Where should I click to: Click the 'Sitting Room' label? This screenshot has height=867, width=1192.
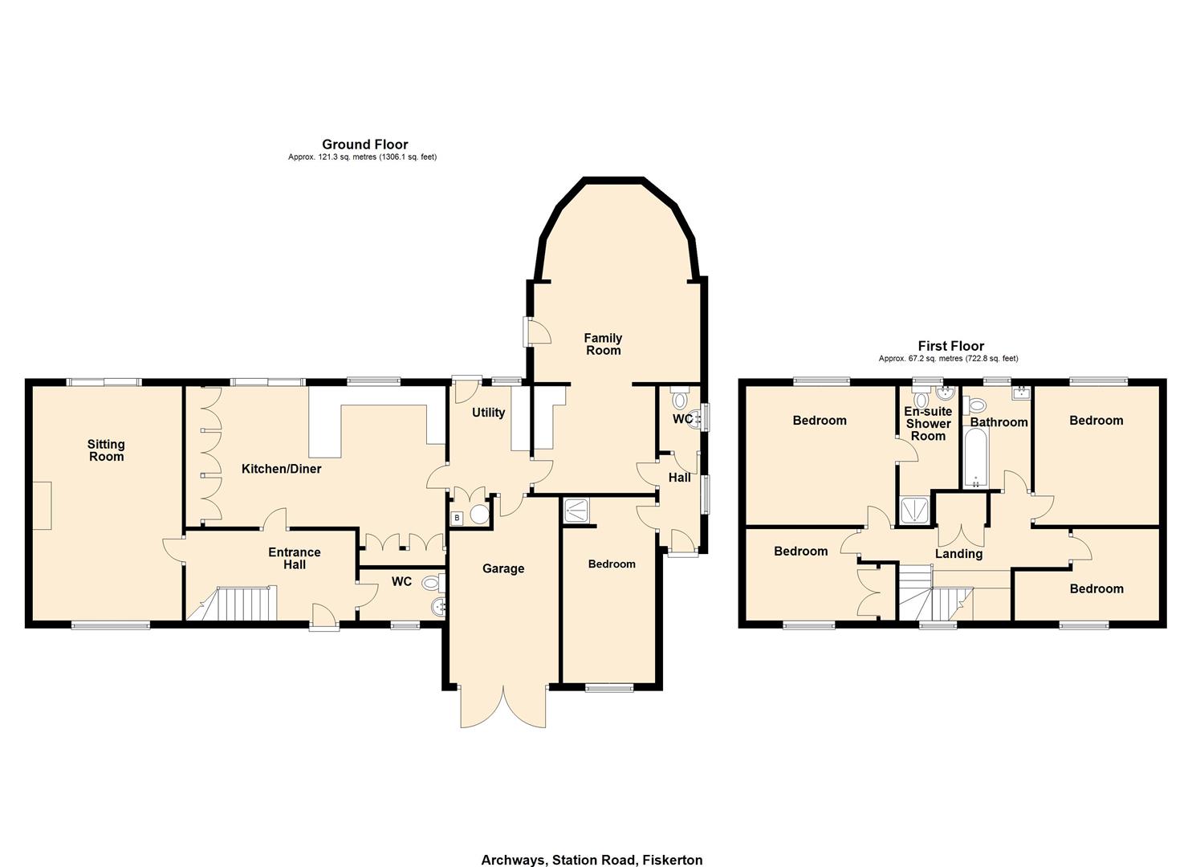click(x=106, y=450)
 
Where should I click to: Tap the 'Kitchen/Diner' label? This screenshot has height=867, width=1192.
click(x=281, y=469)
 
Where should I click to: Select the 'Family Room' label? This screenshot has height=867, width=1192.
click(x=603, y=344)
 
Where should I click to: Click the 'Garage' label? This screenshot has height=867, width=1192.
click(x=503, y=569)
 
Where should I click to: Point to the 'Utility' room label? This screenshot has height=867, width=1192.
click(x=488, y=413)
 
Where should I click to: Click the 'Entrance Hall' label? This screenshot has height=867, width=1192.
click(x=294, y=559)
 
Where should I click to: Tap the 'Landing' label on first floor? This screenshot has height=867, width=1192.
click(x=958, y=554)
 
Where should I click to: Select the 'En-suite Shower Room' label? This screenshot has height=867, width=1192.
click(x=928, y=424)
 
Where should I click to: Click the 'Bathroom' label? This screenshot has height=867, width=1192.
click(x=999, y=422)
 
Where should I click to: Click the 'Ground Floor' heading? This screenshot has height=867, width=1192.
click(x=364, y=144)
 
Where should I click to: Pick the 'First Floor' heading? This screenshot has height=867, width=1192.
click(x=950, y=346)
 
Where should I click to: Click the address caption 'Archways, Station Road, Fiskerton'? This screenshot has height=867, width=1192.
click(x=592, y=860)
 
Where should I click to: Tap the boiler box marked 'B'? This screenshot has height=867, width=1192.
click(x=457, y=518)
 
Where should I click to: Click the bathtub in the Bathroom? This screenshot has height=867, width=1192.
click(x=976, y=458)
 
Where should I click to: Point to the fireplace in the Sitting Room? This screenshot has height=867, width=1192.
click(x=42, y=506)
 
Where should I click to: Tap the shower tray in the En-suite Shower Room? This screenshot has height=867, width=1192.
click(x=916, y=511)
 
